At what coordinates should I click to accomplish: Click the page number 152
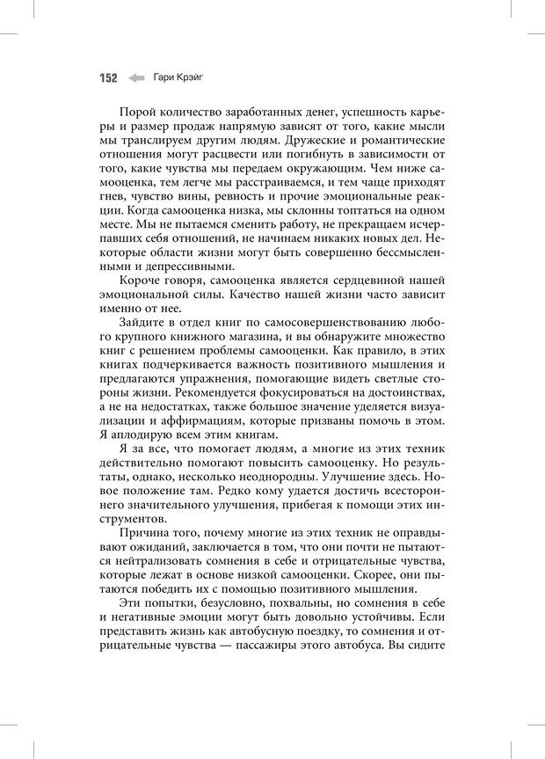pyautogui.click(x=107, y=77)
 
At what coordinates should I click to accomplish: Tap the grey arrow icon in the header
pyautogui.click(x=136, y=77)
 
